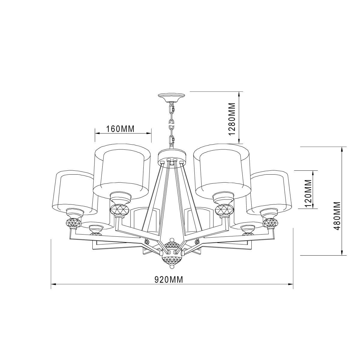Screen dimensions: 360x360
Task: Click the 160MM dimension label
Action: [120, 129]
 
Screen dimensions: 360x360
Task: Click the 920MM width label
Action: [169, 280]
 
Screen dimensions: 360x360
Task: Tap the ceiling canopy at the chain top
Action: [171, 97]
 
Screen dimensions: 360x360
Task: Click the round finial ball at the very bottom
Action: [172, 266]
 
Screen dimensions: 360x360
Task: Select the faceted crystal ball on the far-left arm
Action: [73, 223]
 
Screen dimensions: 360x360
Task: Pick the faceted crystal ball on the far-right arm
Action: [270, 223]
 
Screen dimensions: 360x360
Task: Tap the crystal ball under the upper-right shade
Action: [223, 209]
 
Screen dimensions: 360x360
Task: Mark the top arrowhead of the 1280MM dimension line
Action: [239, 93]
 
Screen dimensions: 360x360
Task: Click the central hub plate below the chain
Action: [172, 157]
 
